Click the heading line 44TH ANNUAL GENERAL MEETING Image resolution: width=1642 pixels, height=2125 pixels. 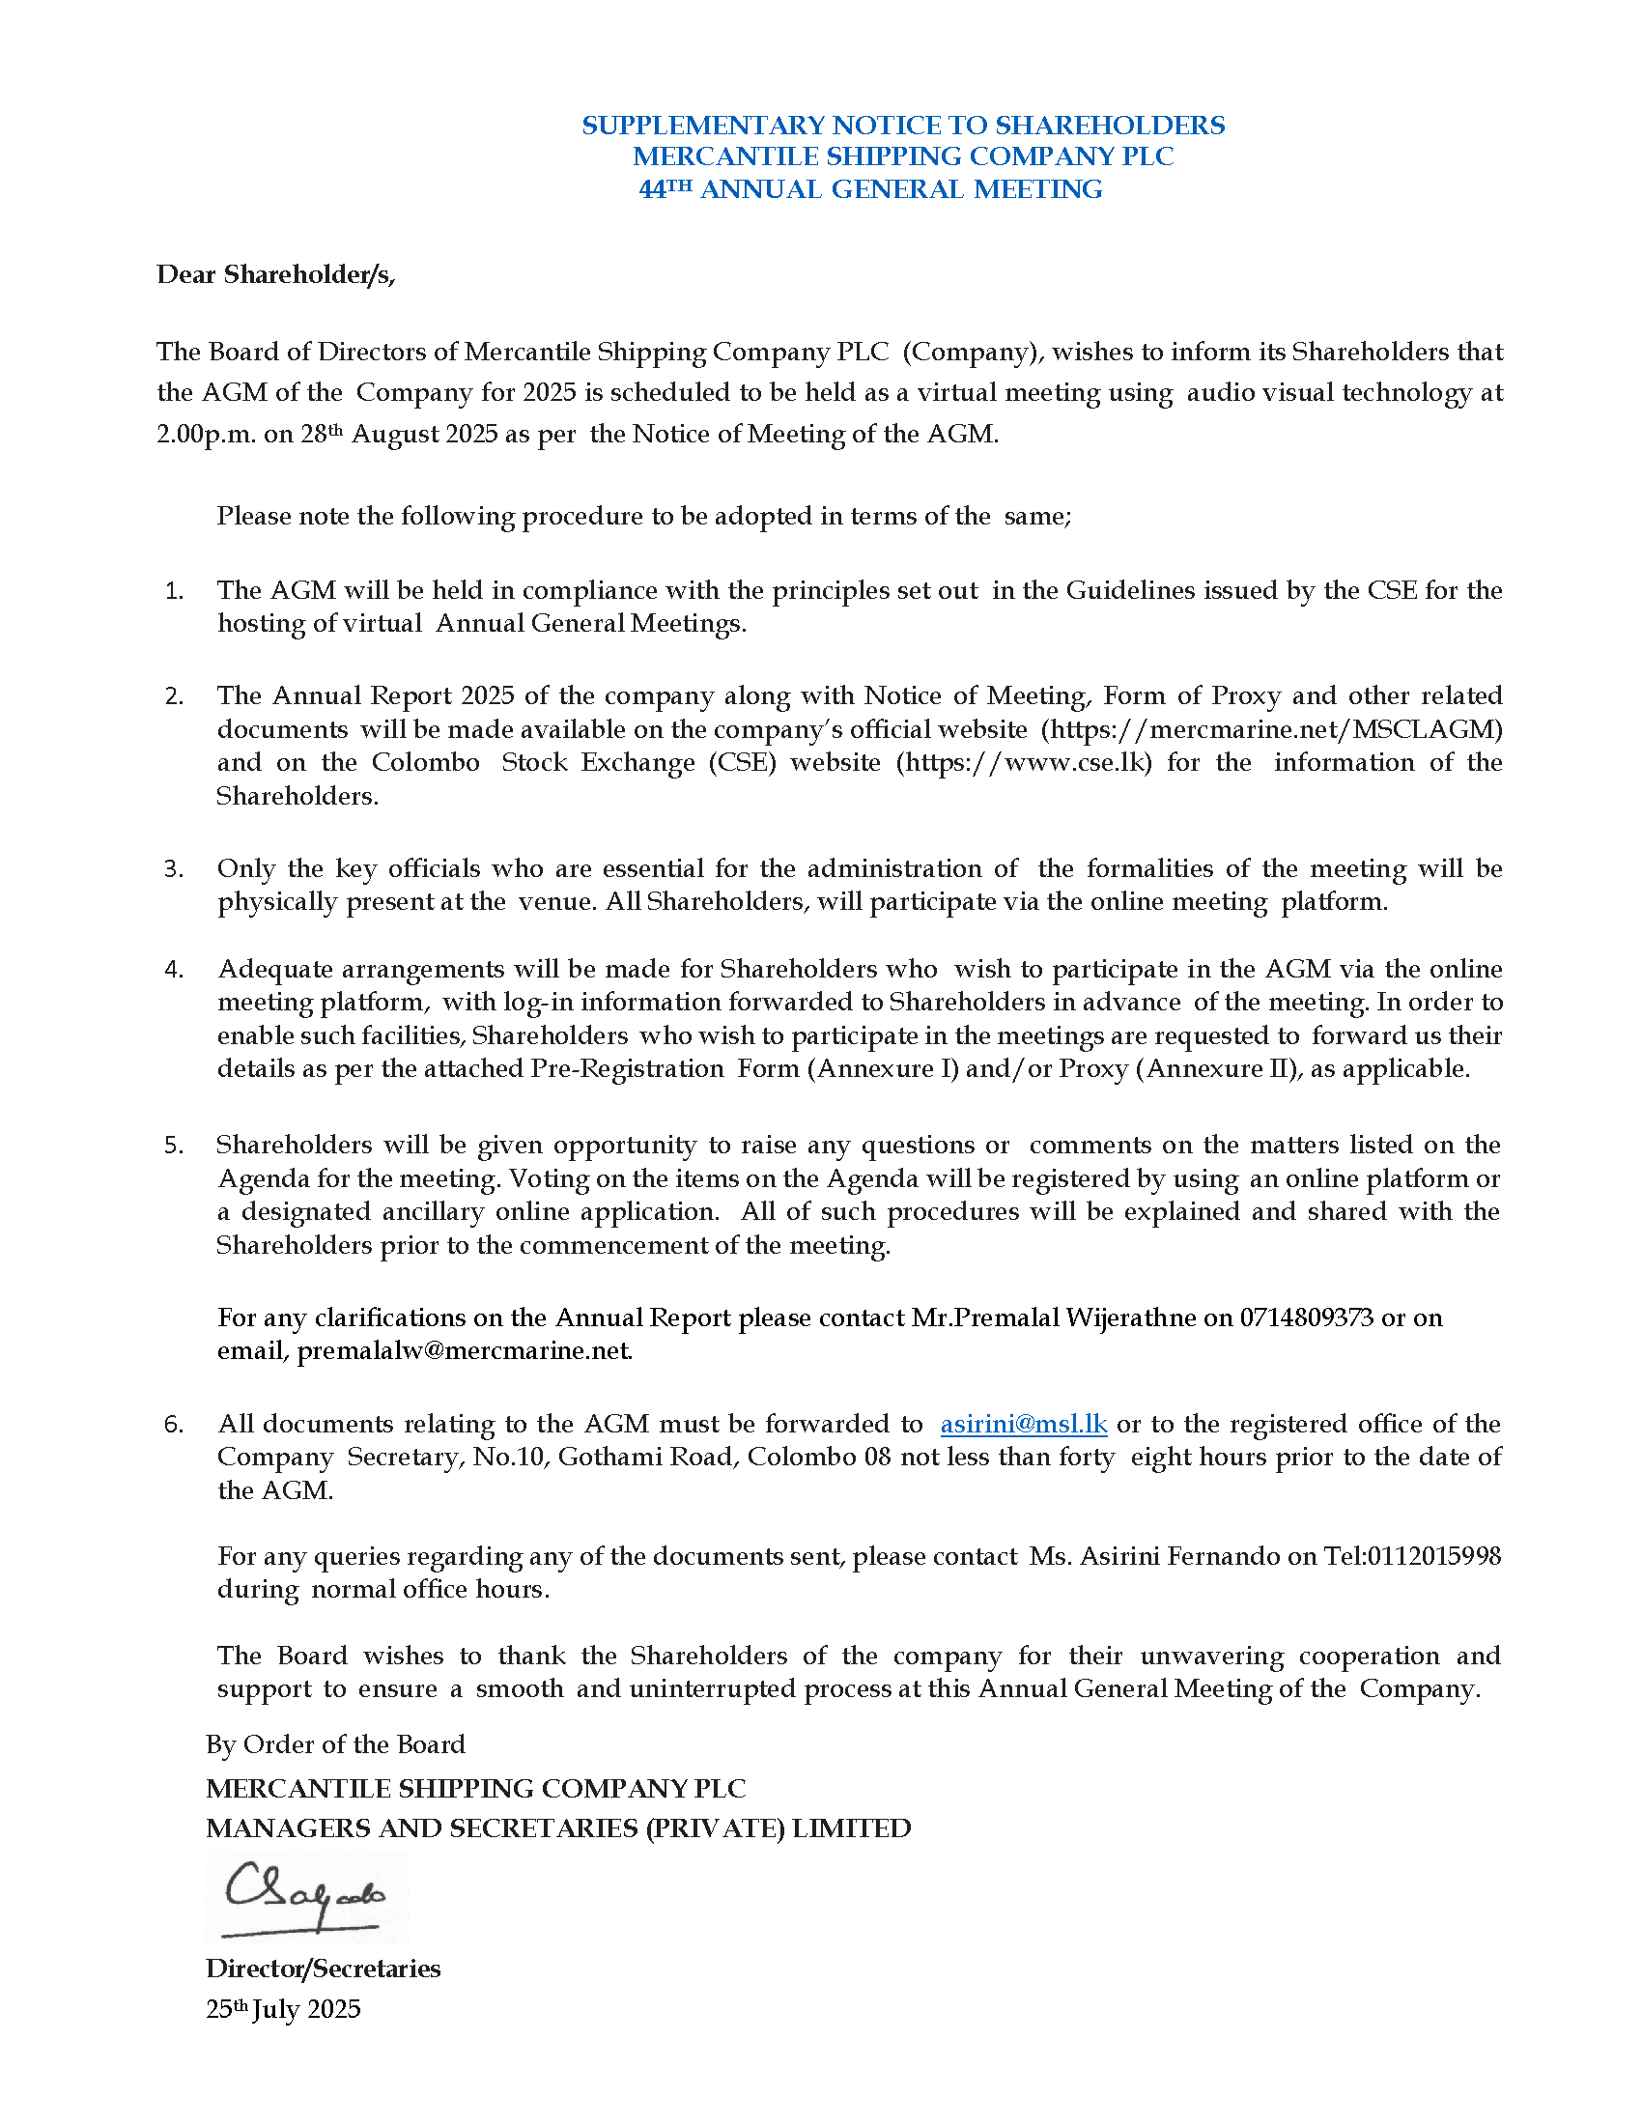pyautogui.click(x=870, y=189)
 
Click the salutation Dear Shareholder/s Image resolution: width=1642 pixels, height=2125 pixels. pyautogui.click(x=276, y=275)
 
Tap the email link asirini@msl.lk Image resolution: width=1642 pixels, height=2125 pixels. pyautogui.click(x=1023, y=1425)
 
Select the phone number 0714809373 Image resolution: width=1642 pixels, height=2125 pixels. pyautogui.click(x=1307, y=1317)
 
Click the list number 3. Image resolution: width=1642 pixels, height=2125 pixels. pyautogui.click(x=174, y=869)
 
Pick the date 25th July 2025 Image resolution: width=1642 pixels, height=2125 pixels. pyautogui.click(x=283, y=2010)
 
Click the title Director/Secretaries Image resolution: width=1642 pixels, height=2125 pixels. pyautogui.click(x=323, y=1969)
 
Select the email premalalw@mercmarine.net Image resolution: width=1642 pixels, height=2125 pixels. pyautogui.click(x=464, y=1350)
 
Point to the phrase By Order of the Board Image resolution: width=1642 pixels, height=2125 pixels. pyautogui.click(x=335, y=1744)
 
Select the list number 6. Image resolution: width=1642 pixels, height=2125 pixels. pyautogui.click(x=174, y=1426)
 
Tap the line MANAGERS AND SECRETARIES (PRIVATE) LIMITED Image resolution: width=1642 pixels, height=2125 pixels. pyautogui.click(x=558, y=1828)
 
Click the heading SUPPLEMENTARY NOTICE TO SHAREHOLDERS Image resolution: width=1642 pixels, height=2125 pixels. pyautogui.click(x=903, y=126)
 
